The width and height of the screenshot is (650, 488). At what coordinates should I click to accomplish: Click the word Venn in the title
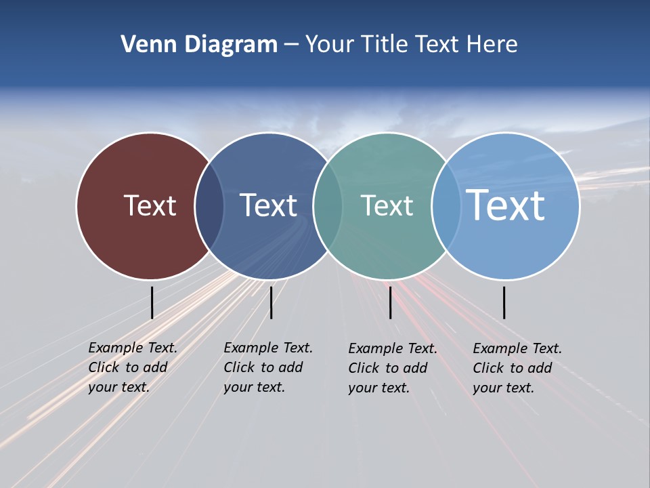(144, 45)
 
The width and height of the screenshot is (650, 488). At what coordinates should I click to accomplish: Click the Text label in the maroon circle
(150, 205)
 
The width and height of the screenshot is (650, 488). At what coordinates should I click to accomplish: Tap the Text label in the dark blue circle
(268, 205)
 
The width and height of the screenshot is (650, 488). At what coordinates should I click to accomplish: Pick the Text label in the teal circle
(387, 205)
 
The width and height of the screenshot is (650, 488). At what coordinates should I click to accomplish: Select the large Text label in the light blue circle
(506, 205)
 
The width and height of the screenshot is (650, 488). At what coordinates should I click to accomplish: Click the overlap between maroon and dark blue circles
(209, 206)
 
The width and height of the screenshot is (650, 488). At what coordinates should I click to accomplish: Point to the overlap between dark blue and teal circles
(328, 206)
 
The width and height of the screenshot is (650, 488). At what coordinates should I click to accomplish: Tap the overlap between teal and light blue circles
(446, 206)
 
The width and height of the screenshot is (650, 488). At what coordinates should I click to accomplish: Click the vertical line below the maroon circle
(152, 302)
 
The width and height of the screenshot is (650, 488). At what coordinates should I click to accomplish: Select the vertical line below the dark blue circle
(271, 302)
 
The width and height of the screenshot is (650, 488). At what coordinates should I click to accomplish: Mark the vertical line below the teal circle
(390, 302)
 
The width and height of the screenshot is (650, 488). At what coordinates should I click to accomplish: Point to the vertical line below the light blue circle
(504, 302)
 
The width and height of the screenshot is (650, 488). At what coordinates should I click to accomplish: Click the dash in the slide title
(291, 45)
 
